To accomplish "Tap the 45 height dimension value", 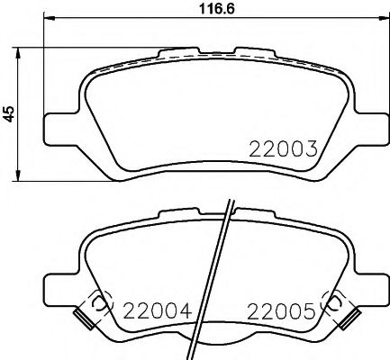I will click(10, 114).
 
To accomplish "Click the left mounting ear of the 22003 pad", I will click(59, 125).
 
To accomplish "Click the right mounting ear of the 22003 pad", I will click(368, 125).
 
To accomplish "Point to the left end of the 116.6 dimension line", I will click(43, 23).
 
